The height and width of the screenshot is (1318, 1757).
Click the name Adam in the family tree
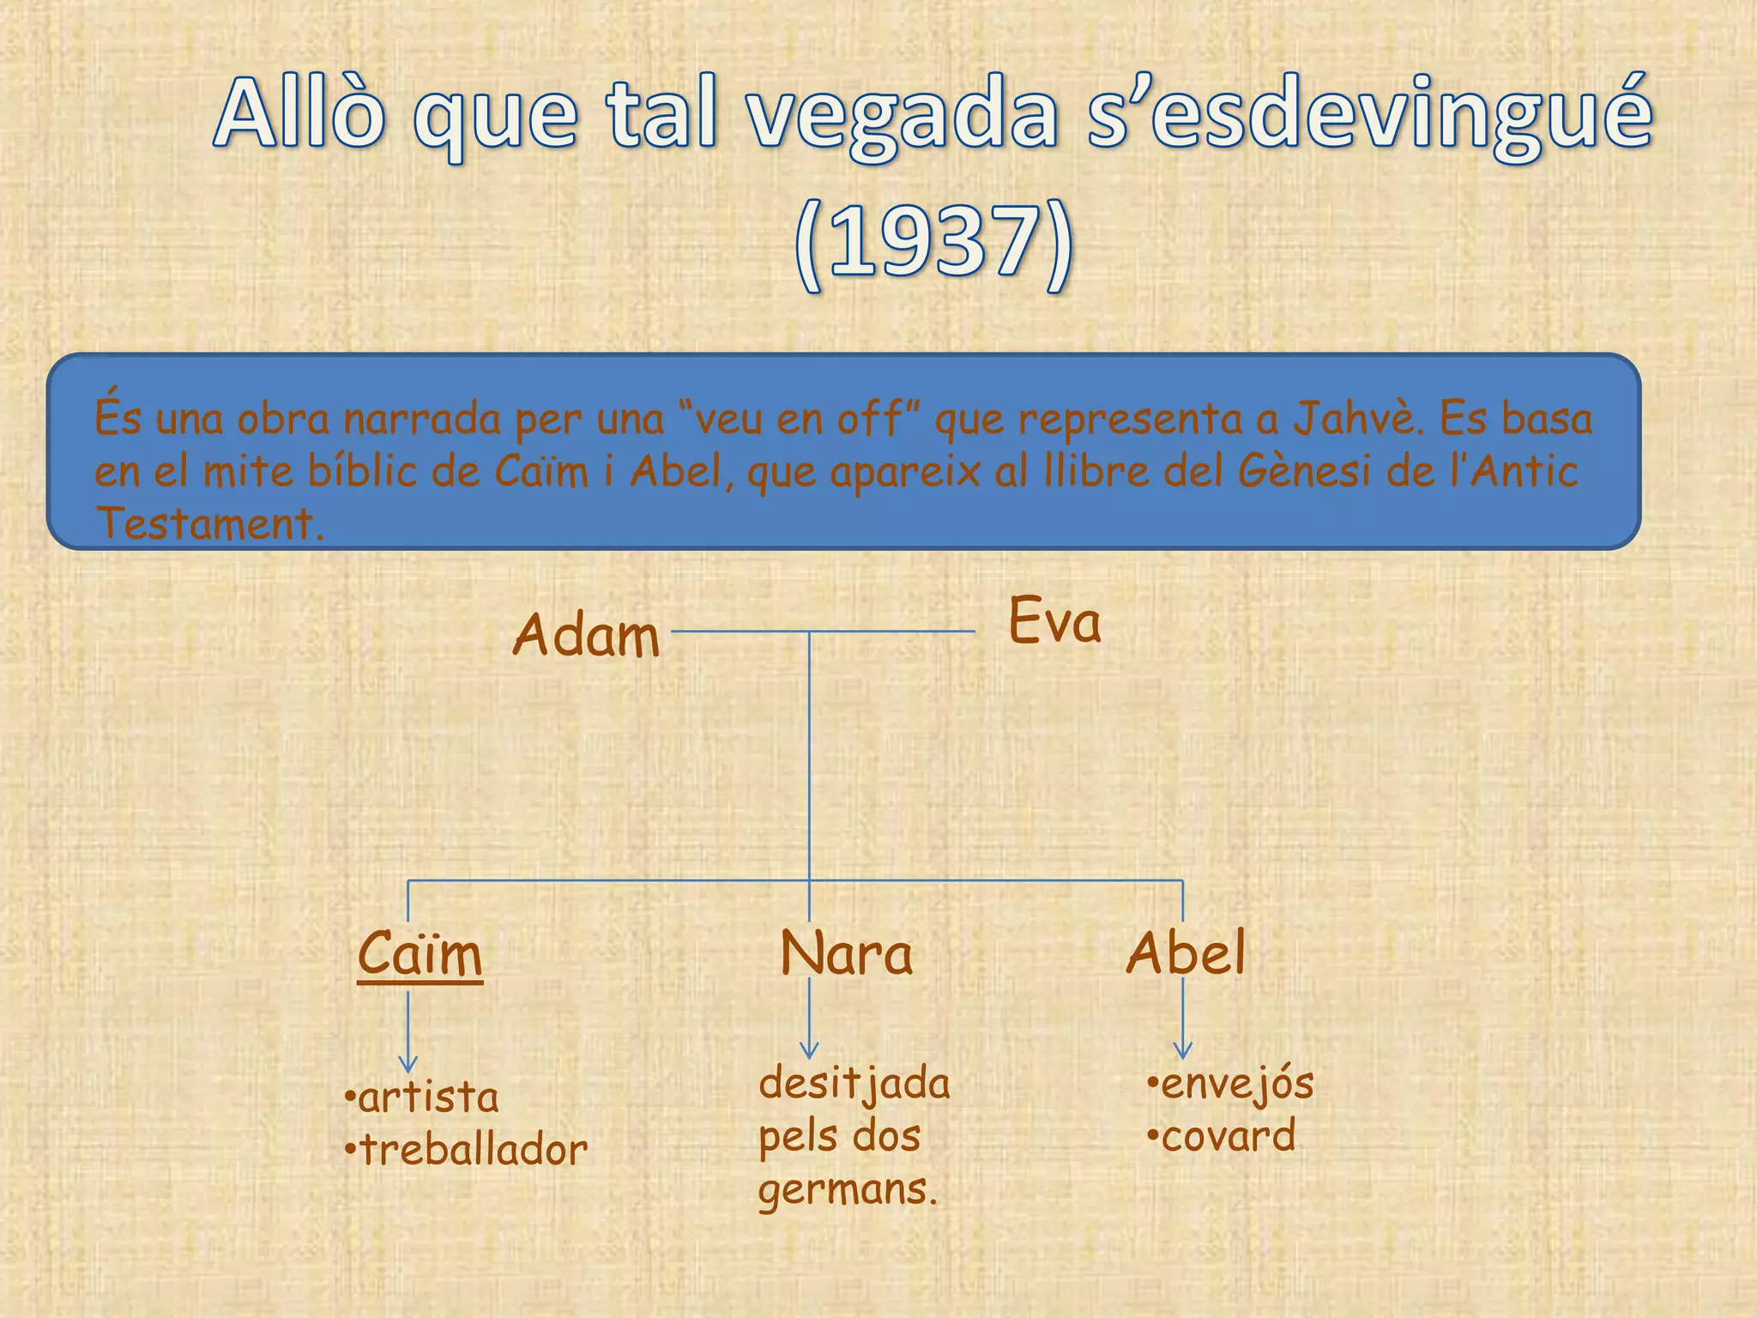tap(587, 636)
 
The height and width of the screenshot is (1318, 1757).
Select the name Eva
tap(1054, 621)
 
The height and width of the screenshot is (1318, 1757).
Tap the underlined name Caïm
tap(420, 954)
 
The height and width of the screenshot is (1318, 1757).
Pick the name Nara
tap(847, 954)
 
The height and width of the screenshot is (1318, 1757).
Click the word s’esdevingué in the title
tap(1368, 116)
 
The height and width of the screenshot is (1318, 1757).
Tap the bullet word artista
tap(428, 1097)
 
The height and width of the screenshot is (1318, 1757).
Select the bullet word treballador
tap(474, 1150)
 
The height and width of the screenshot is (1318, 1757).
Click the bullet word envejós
tap(1237, 1084)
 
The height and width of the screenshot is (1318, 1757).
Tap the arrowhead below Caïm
tap(408, 1066)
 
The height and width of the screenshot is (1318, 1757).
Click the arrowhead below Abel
tap(1183, 1050)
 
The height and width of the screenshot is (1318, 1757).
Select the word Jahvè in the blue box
tap(1355, 419)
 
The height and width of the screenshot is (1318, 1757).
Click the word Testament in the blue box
tap(208, 523)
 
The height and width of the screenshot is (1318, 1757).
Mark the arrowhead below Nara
tap(809, 1050)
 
